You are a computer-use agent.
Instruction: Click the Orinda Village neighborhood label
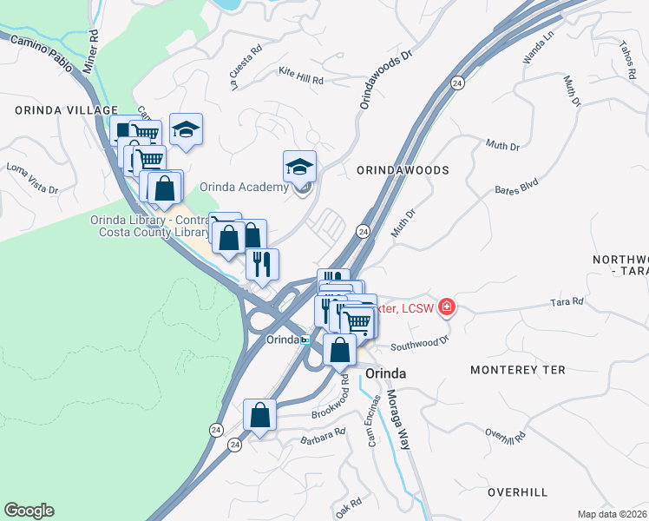click(x=66, y=110)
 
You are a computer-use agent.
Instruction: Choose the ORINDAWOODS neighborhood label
click(x=403, y=171)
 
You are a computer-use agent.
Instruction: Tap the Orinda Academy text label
click(x=244, y=187)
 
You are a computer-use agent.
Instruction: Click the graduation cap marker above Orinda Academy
click(x=299, y=165)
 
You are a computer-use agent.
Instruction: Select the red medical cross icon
click(x=447, y=306)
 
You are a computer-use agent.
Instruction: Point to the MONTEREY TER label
click(x=517, y=370)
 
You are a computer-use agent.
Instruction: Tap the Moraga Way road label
click(x=396, y=419)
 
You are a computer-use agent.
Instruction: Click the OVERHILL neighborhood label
click(x=517, y=492)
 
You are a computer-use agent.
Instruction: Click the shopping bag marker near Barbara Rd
click(x=260, y=415)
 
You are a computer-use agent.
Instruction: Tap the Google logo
click(x=29, y=511)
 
